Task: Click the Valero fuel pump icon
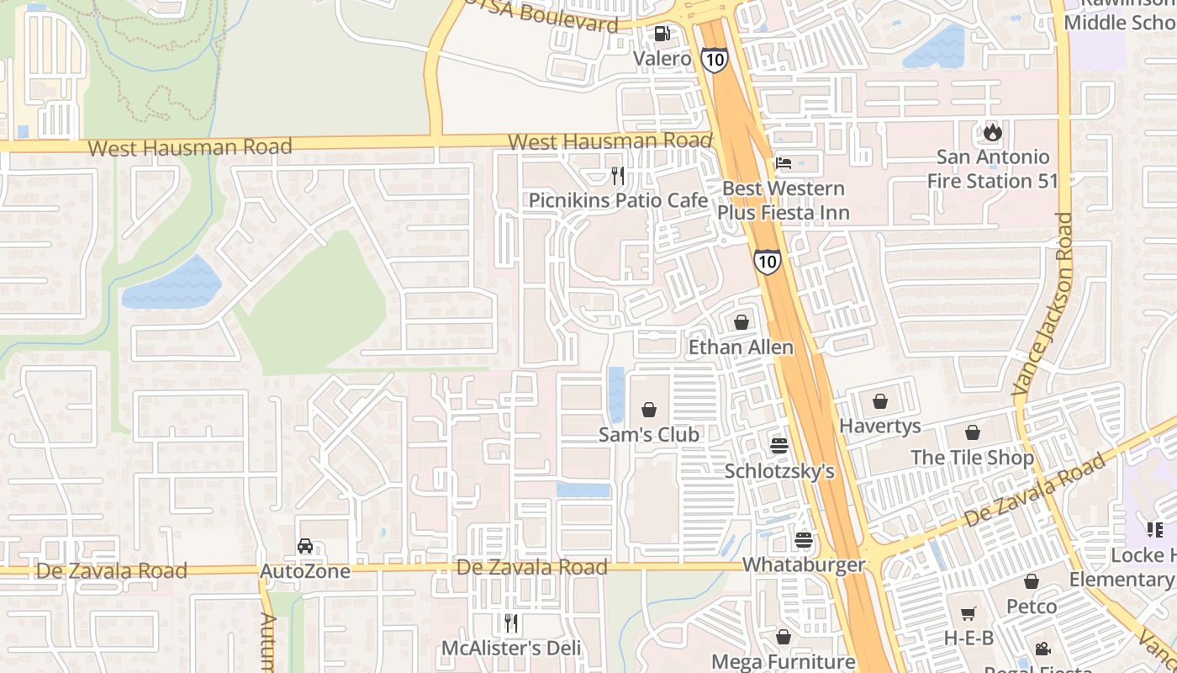[662, 34]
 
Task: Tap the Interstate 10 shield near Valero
[714, 59]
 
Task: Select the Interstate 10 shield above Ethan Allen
[766, 261]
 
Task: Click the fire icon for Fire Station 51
[993, 132]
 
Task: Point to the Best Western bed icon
[784, 163]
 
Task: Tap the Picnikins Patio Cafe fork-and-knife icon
[618, 176]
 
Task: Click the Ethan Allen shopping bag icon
[741, 322]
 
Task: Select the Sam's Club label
[648, 435]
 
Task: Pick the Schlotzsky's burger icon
[779, 446]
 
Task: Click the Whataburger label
[804, 564]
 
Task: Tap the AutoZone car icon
[305, 547]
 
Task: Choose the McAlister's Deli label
[511, 649]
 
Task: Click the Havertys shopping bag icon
[880, 401]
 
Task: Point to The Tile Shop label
[972, 458]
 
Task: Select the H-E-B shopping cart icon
[969, 614]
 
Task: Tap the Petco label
[1032, 607]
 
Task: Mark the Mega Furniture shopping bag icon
[783, 638]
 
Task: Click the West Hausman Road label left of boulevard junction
[189, 147]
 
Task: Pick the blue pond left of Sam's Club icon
[616, 394]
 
